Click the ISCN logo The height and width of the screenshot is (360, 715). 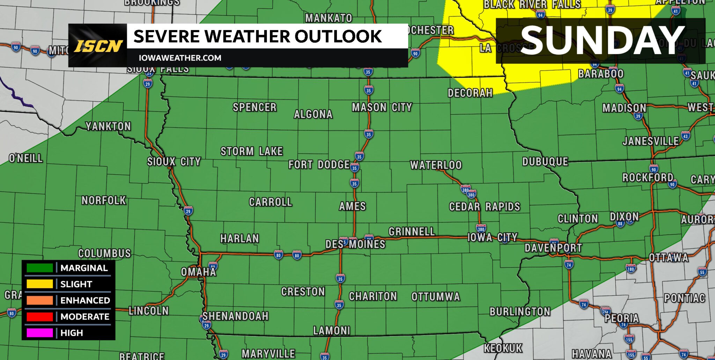tap(98, 46)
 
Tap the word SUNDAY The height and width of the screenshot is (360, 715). tap(602, 41)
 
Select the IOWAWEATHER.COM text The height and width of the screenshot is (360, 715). tap(180, 58)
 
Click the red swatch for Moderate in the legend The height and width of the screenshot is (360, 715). tap(40, 317)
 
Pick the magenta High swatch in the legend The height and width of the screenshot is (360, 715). tap(40, 333)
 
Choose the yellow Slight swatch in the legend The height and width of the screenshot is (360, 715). tap(40, 284)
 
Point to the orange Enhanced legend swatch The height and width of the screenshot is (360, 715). tap(40, 300)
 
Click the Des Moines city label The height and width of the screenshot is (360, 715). tap(355, 244)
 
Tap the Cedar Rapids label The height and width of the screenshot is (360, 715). tap(484, 207)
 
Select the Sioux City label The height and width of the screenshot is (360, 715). tap(174, 162)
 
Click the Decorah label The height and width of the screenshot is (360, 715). tap(470, 93)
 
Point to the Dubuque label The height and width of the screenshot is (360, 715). tap(545, 162)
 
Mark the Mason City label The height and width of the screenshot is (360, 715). tap(382, 108)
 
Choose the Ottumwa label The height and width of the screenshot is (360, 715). tap(436, 297)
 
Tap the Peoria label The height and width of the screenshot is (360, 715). tap(621, 318)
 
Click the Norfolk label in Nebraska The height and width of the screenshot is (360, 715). tap(104, 200)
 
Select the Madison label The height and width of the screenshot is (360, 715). tap(624, 108)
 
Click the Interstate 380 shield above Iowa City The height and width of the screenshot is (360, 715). tap(481, 229)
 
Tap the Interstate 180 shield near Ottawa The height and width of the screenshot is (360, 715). tap(631, 269)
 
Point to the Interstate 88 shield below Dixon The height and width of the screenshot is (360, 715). tap(620, 224)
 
